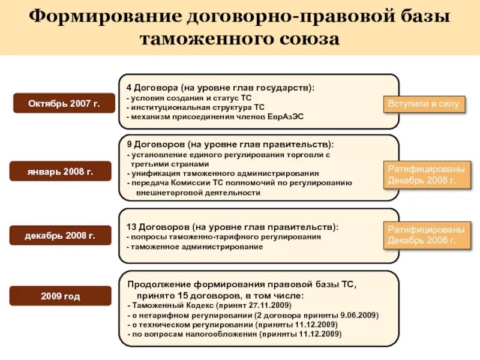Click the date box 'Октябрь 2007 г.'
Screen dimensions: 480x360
coord(64,104)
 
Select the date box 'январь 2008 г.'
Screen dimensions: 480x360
coord(60,170)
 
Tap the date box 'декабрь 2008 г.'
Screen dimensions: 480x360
coord(60,235)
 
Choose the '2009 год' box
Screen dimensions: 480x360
coord(60,296)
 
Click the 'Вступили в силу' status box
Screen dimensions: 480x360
coord(424,104)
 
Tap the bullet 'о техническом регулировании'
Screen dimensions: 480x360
coord(233,325)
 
